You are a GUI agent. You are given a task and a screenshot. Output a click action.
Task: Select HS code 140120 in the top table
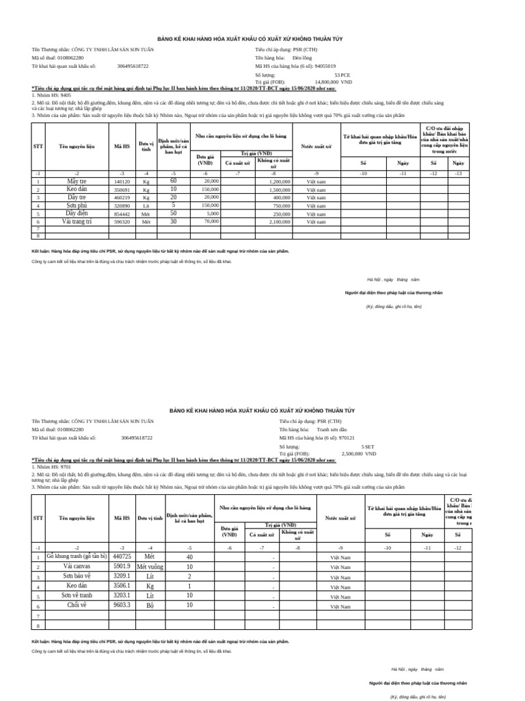tap(122, 182)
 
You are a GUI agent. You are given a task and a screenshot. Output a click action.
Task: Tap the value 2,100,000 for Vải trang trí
tap(280, 222)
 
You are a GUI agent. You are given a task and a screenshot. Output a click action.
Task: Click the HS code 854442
tap(122, 214)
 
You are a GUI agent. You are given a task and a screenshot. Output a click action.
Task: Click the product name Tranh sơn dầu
tap(332, 429)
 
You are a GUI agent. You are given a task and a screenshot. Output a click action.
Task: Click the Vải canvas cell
tap(76, 567)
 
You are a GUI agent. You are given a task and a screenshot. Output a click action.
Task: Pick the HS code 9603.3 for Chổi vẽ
tap(122, 605)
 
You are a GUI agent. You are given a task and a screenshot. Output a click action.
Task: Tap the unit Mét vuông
tap(150, 567)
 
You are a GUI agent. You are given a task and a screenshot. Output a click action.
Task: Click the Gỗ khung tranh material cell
tap(76, 557)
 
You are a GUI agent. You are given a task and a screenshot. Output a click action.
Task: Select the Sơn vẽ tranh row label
tap(76, 596)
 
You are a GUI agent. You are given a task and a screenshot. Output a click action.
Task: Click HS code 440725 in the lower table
tap(122, 557)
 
